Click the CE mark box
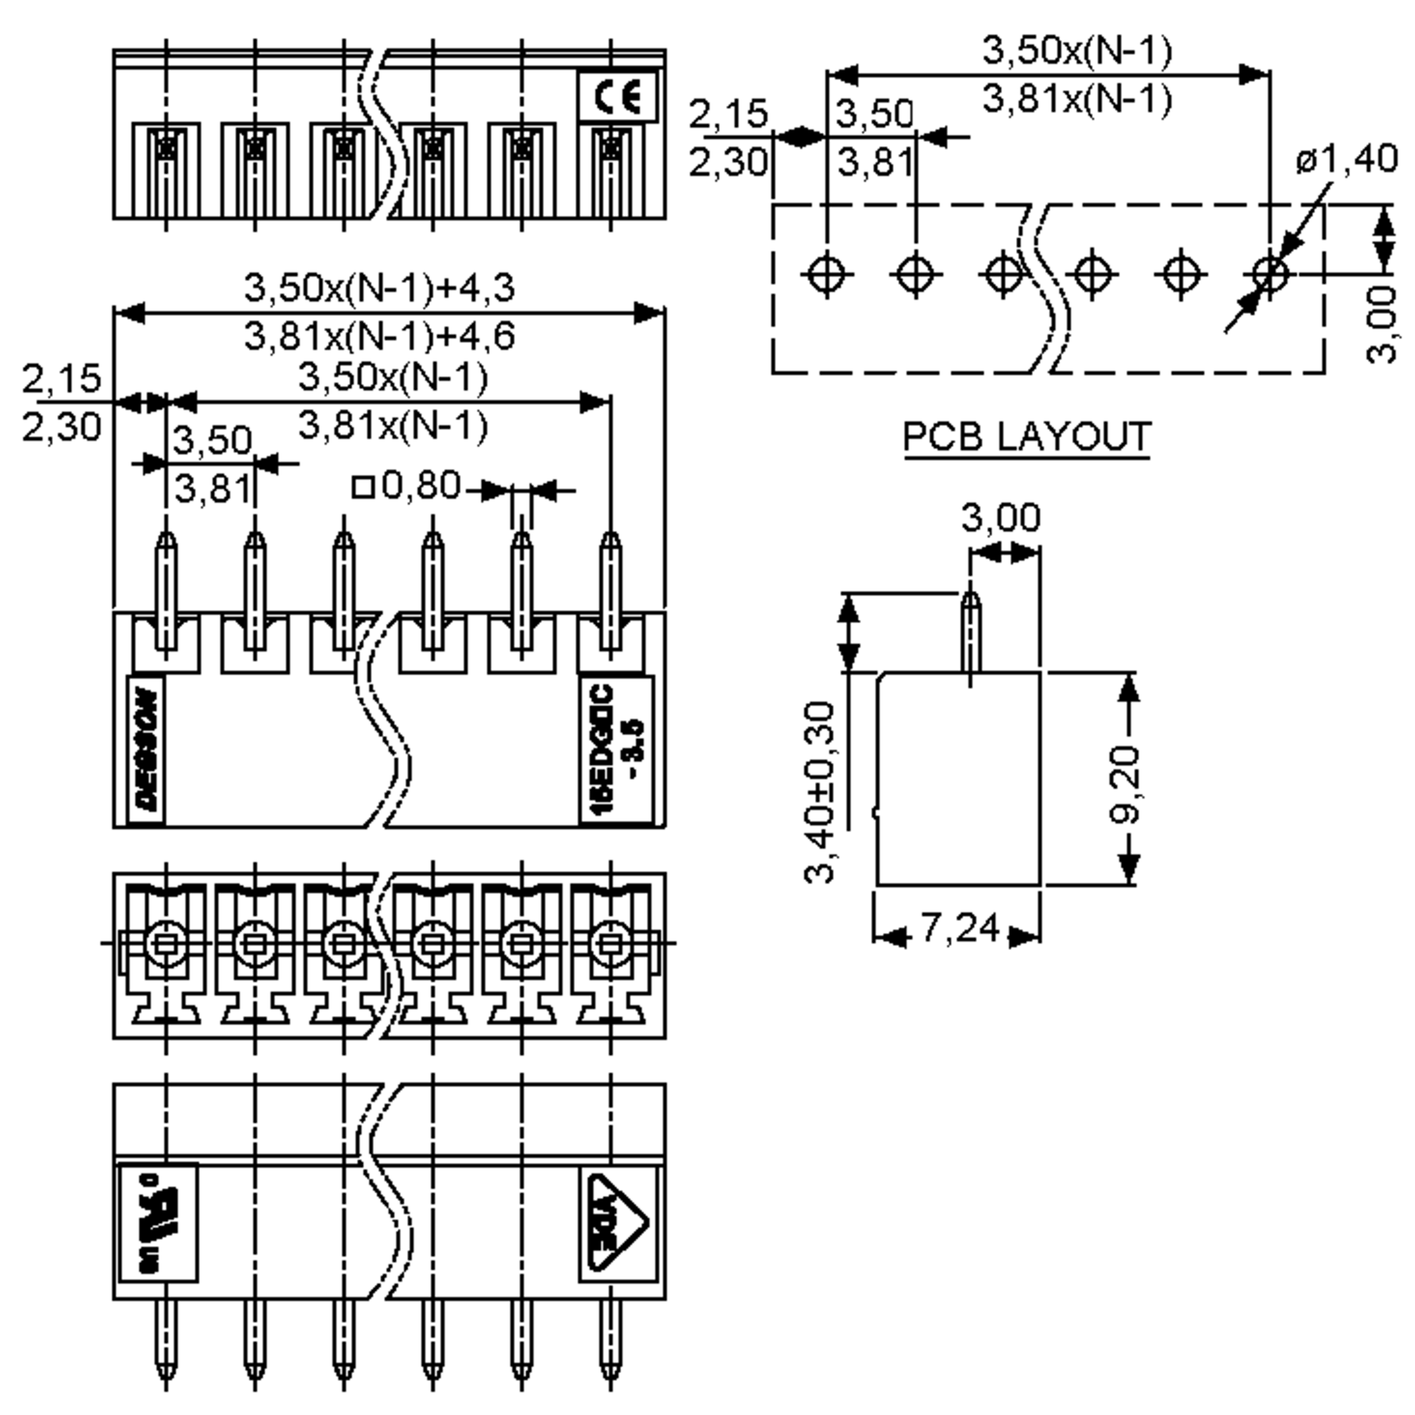(617, 97)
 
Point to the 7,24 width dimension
(959, 929)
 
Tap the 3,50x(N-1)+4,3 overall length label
(379, 288)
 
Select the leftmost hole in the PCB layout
(827, 275)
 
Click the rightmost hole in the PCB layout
(1270, 275)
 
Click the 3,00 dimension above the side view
(1001, 518)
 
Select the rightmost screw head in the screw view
(610, 944)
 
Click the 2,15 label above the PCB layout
(729, 114)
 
